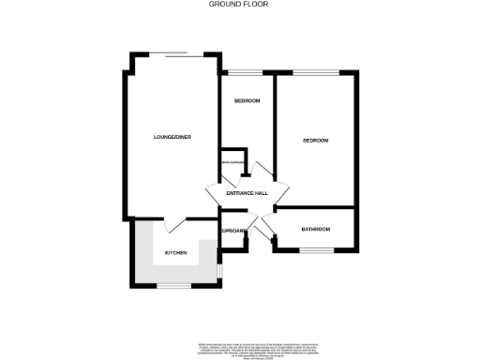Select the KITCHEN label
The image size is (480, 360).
tap(176, 253)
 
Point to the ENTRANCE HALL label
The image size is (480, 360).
tap(247, 193)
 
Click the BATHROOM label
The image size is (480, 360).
tap(315, 230)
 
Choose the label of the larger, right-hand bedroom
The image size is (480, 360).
tap(315, 141)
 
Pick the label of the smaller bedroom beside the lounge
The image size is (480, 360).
tap(247, 101)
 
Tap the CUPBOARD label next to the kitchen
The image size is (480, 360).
tap(233, 231)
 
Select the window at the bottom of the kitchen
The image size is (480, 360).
tap(174, 285)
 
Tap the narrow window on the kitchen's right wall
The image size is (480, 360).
tap(218, 270)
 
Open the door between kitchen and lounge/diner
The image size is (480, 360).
tap(174, 226)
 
